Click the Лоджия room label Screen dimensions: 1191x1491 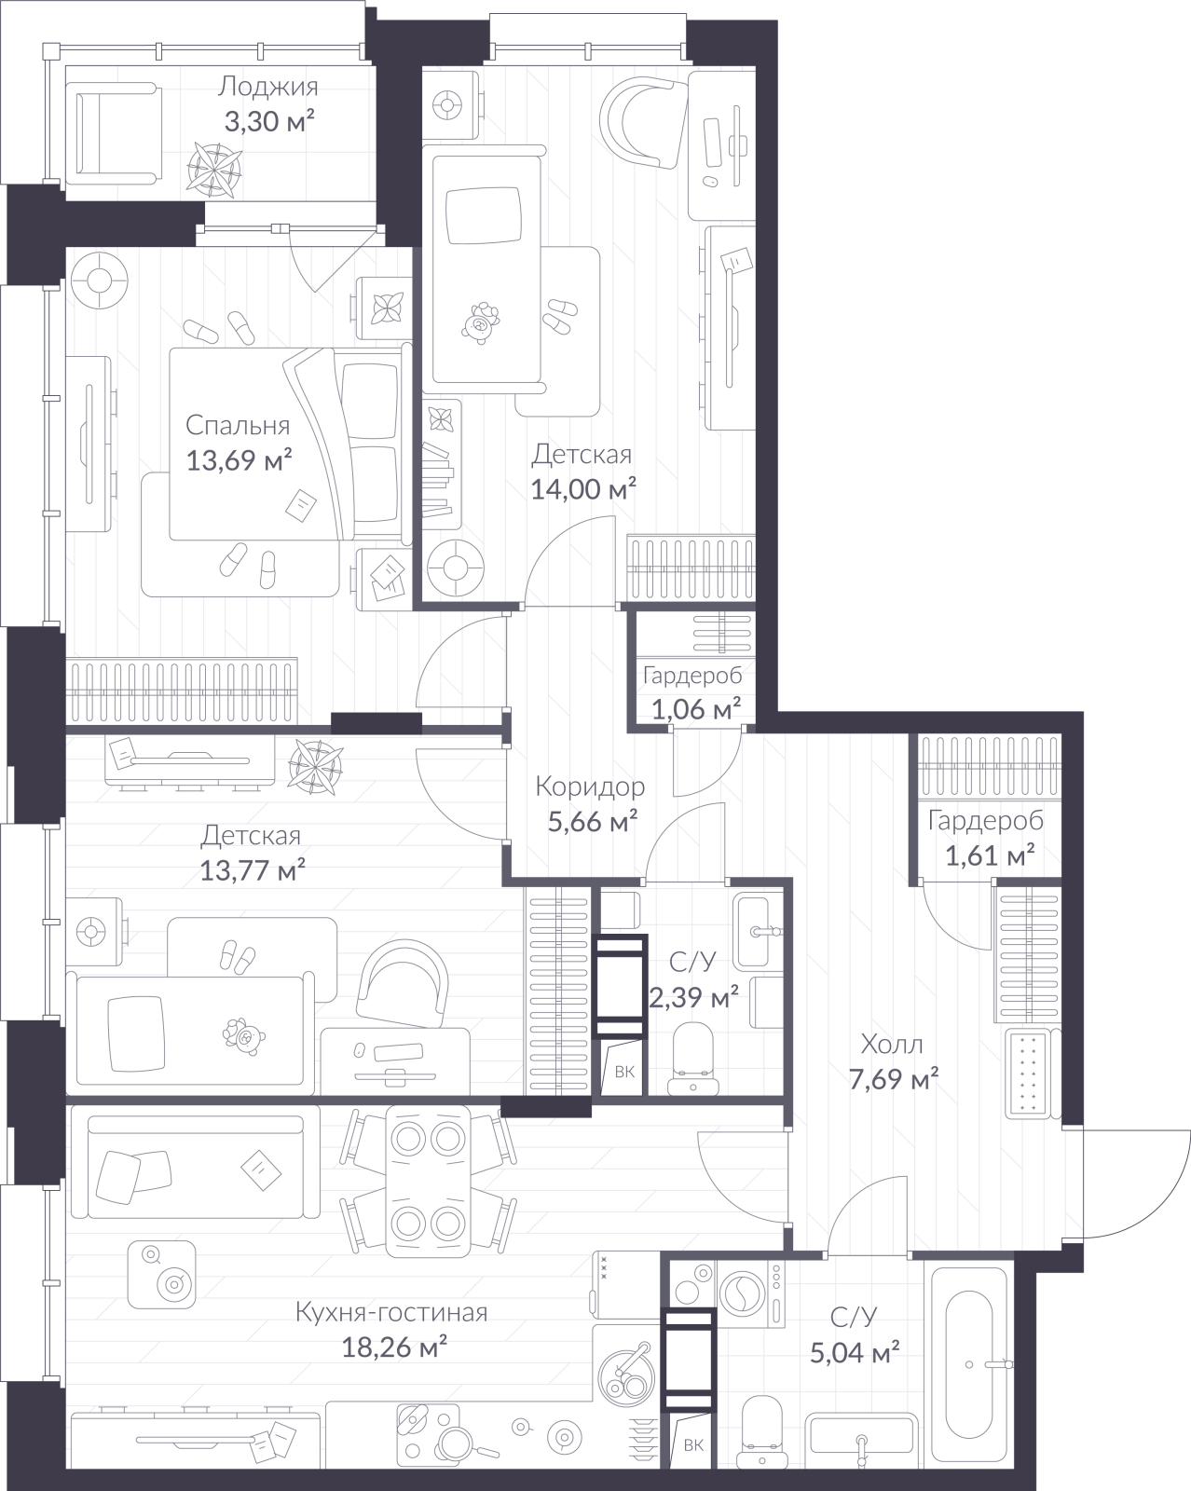click(x=268, y=88)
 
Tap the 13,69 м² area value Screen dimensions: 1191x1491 click(x=239, y=460)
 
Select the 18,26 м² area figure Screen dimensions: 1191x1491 click(x=394, y=1347)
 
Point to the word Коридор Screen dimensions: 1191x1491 click(x=590, y=787)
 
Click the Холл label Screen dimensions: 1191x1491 click(x=892, y=1044)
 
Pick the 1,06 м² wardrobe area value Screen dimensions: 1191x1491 click(x=696, y=709)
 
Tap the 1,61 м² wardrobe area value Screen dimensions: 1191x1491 click(x=991, y=856)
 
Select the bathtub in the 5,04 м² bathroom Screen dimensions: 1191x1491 click(x=969, y=1365)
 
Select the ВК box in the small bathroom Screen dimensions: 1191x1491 click(x=623, y=1070)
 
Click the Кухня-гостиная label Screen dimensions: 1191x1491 click(x=391, y=1312)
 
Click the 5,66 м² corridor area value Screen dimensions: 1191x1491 click(x=593, y=823)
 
